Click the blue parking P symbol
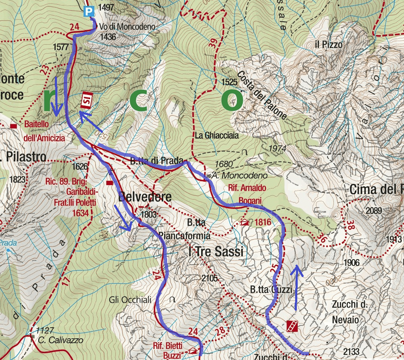coord(88,11)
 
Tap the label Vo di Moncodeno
coord(128,27)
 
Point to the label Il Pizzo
coord(329,45)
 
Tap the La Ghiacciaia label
coord(217,136)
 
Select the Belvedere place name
coord(145,197)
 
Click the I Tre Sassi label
coord(216,252)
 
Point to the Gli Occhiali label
coord(130,300)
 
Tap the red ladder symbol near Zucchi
coord(292,326)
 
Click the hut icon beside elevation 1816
coord(245,222)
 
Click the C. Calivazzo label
coord(60,340)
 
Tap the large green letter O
coord(232,100)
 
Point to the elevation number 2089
coord(373,210)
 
